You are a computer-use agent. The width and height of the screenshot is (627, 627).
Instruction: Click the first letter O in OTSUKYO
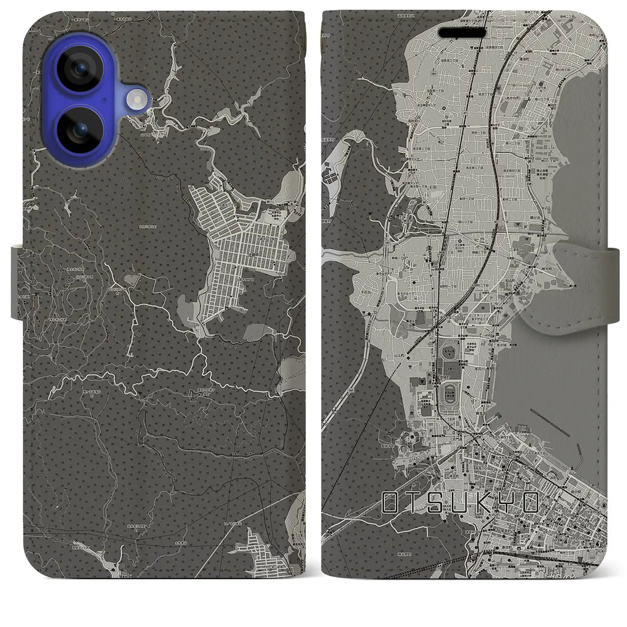tap(391, 502)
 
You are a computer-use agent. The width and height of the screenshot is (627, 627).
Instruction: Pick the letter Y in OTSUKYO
tap(507, 502)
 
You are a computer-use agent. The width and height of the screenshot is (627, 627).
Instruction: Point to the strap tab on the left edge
tap(17, 282)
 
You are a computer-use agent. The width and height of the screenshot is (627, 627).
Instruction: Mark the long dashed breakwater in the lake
tap(549, 418)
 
